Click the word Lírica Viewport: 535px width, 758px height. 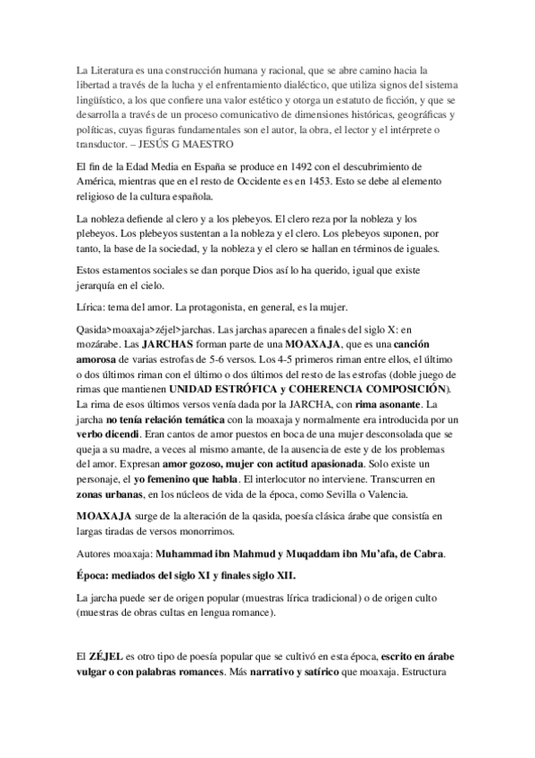(92, 307)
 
